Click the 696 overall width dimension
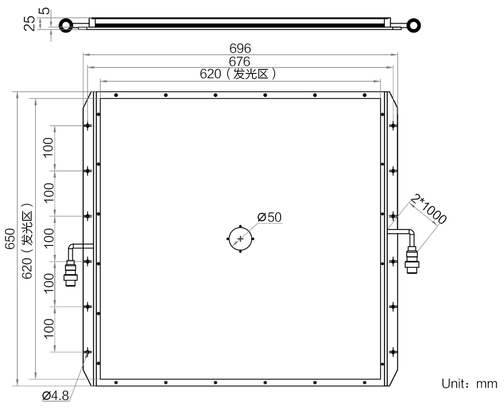click(x=240, y=48)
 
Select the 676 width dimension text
click(x=240, y=61)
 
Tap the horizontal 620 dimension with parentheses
click(x=238, y=74)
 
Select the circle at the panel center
click(x=240, y=239)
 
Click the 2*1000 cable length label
click(x=430, y=209)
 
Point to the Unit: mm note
click(x=470, y=383)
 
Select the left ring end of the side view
click(x=65, y=25)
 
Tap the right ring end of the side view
click(x=415, y=24)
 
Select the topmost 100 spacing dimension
click(x=48, y=148)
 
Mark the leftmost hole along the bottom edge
click(x=115, y=382)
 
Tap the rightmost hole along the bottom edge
click(x=365, y=382)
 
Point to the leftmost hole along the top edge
click(x=115, y=95)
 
